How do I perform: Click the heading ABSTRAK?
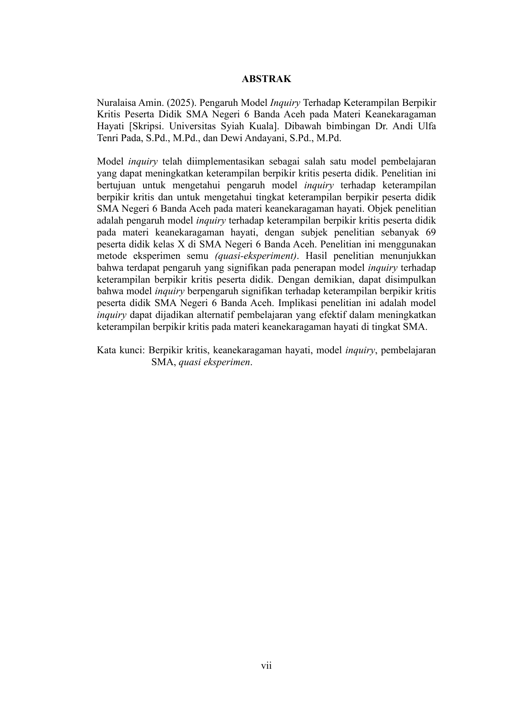(x=266, y=79)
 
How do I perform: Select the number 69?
(x=430, y=233)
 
